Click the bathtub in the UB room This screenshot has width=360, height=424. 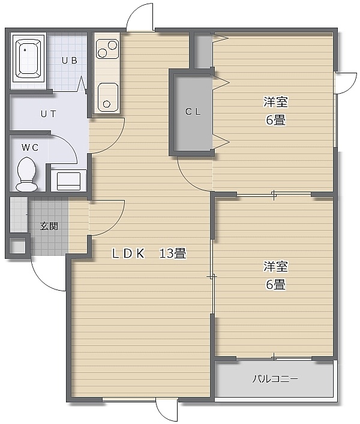pyautogui.click(x=28, y=58)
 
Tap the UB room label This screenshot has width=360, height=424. pyautogui.click(x=70, y=60)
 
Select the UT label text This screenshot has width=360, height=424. pyautogui.click(x=49, y=114)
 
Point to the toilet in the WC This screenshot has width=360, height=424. pyautogui.click(x=26, y=174)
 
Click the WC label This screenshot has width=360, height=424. pyautogui.click(x=30, y=148)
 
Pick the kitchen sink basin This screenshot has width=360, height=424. pyautogui.click(x=108, y=97)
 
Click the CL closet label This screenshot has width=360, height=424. pyautogui.click(x=193, y=112)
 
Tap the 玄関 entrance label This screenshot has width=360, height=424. pyautogui.click(x=49, y=226)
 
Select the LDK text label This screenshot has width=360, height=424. pyautogui.click(x=128, y=253)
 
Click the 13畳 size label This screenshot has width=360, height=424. pyautogui.click(x=172, y=253)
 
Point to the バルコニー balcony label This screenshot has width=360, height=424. pyautogui.click(x=275, y=378)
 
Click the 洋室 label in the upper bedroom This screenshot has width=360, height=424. pyautogui.click(x=275, y=102)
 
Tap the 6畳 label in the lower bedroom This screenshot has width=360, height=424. pyautogui.click(x=276, y=285)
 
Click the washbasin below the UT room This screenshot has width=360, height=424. pyautogui.click(x=68, y=180)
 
